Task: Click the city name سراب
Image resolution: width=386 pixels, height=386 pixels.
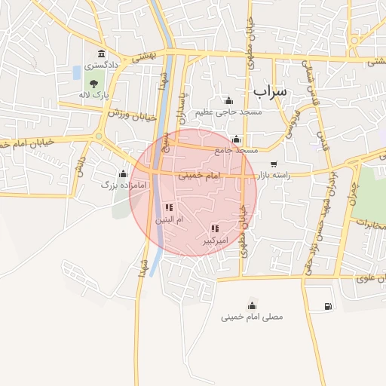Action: point(270,90)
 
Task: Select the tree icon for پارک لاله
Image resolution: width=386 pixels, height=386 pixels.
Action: point(93,83)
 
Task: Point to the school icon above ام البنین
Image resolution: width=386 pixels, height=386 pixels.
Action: point(169,207)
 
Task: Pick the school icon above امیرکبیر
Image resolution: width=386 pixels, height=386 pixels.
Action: point(215,228)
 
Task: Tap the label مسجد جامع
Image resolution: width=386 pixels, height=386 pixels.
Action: point(236,150)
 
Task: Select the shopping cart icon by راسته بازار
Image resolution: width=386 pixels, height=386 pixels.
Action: point(273,164)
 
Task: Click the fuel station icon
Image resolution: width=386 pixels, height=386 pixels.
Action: point(327,306)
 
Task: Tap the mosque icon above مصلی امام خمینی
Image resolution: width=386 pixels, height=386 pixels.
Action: point(252,305)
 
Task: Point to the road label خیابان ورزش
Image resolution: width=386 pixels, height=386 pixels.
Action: point(131,115)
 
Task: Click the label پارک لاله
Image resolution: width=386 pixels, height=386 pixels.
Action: point(96,96)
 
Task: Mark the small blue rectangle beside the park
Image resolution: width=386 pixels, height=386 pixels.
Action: point(76,73)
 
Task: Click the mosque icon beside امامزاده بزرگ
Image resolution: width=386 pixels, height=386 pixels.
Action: point(123,173)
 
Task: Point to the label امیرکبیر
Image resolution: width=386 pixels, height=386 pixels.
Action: point(215,240)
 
